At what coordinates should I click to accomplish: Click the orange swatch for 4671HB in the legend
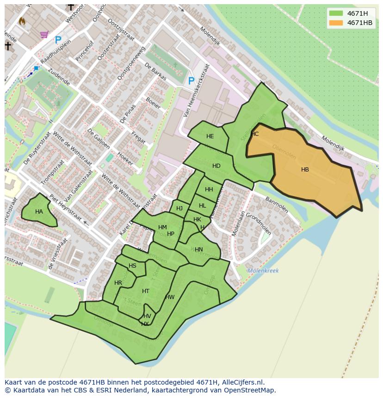tap(336, 23)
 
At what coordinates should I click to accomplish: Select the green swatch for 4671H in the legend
tap(336, 13)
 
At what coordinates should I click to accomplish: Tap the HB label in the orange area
tap(305, 170)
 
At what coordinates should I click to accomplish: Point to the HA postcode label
tap(39, 212)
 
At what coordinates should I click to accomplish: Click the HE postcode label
tap(210, 136)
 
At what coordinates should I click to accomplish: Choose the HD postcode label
tap(216, 166)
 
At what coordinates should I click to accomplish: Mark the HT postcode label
tap(146, 291)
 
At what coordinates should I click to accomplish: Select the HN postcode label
tap(198, 250)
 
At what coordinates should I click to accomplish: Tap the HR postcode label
tap(118, 283)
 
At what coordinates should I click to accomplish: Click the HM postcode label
tap(162, 227)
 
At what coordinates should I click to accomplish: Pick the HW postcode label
tap(170, 297)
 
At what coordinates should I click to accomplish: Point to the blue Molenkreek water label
tap(263, 271)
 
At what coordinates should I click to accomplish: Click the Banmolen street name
tap(277, 205)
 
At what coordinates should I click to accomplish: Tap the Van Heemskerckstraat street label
tap(196, 90)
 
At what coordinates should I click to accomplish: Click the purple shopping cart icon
tap(44, 34)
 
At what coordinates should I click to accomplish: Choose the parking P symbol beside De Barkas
tap(191, 81)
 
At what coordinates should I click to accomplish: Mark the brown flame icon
tap(22, 21)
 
